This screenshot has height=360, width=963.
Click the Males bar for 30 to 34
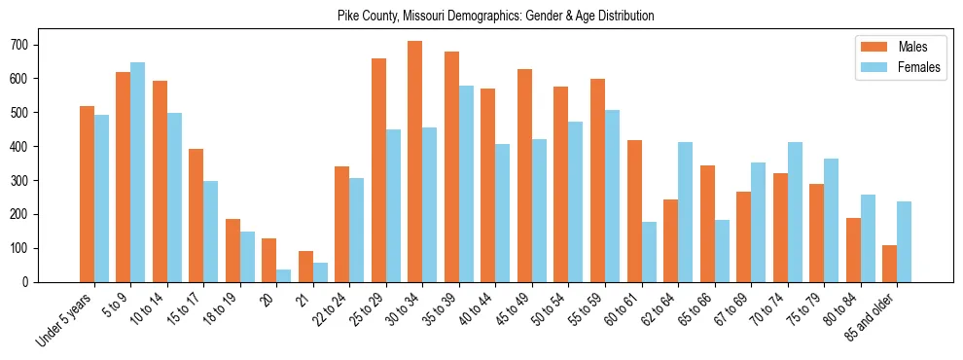click(x=415, y=162)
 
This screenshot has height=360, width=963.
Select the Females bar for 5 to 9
click(x=138, y=172)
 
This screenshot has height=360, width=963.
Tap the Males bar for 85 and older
click(x=890, y=264)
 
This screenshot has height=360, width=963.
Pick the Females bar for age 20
click(x=284, y=275)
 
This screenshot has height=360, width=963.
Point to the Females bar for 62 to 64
click(x=686, y=212)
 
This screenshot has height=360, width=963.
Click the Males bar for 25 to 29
click(x=378, y=170)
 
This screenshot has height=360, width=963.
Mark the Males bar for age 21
click(x=305, y=267)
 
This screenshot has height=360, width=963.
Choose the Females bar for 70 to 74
click(x=795, y=212)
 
